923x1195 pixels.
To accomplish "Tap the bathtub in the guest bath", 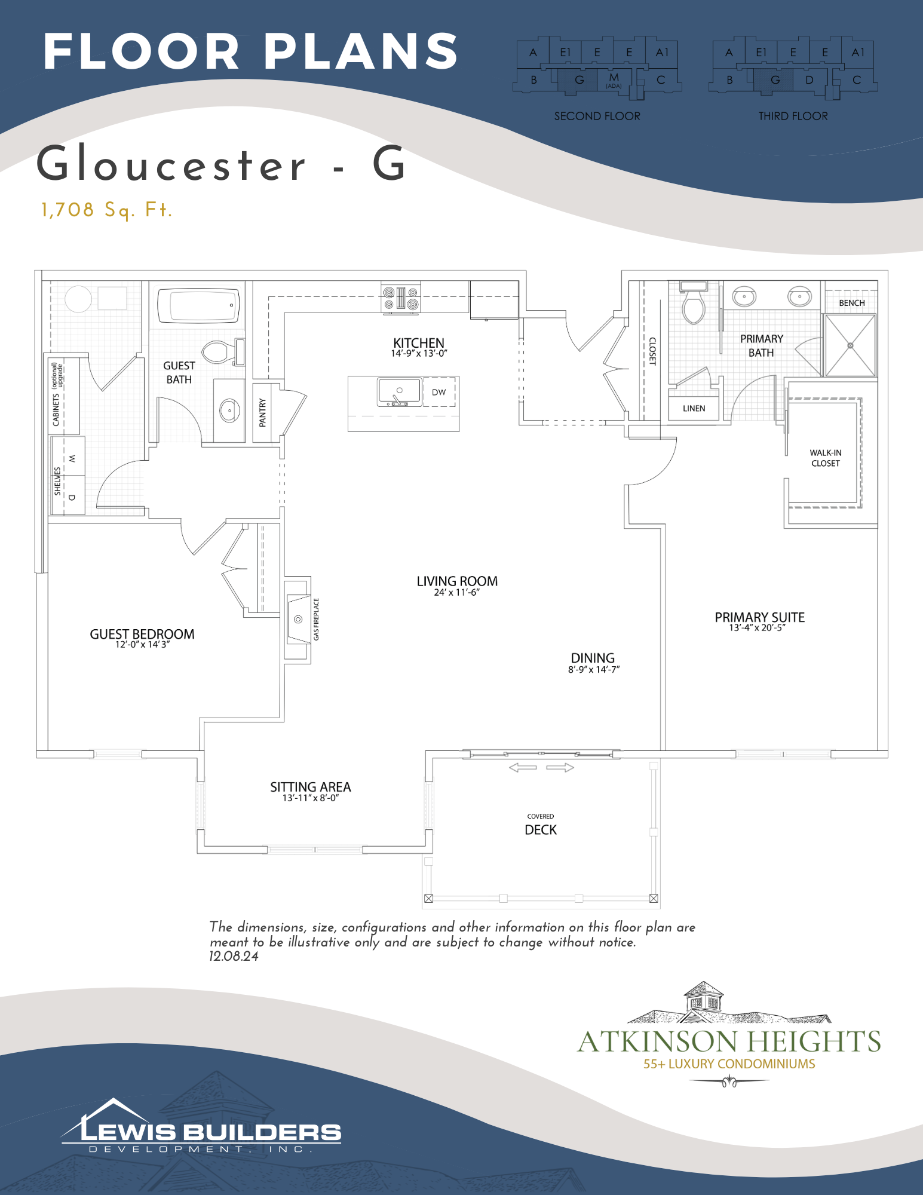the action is tap(198, 305).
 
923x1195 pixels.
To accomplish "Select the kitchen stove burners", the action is tap(401, 298).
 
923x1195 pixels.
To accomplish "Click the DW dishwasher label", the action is tap(439, 393).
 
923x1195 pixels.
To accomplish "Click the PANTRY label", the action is tap(262, 412).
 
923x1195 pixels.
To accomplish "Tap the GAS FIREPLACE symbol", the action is tap(298, 619).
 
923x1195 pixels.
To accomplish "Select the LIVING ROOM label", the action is tap(457, 581).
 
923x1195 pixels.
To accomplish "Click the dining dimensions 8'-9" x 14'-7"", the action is tap(594, 670).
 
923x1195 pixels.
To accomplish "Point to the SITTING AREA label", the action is tap(311, 787).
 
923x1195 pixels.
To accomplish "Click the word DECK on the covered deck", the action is tap(541, 830).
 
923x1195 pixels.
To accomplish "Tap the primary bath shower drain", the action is tap(850, 345).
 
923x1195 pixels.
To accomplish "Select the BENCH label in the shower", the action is tap(852, 303).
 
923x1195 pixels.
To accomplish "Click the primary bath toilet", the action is tap(694, 304).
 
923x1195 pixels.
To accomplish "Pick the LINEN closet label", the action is tap(694, 409).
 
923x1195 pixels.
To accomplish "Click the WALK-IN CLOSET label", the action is tap(826, 458).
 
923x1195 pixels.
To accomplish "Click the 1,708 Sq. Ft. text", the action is tap(107, 210).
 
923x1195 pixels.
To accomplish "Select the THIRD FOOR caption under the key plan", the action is tap(793, 116).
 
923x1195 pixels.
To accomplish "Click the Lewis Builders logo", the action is tap(201, 1126).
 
